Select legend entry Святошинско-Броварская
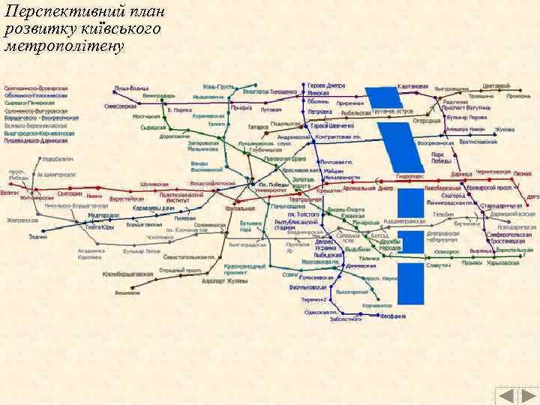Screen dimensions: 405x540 36,88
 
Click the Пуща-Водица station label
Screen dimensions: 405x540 131,88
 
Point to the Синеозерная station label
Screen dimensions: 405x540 121,106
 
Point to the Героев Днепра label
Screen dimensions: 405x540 326,86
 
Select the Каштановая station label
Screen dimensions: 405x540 412,86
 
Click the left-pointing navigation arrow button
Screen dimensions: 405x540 507,397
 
